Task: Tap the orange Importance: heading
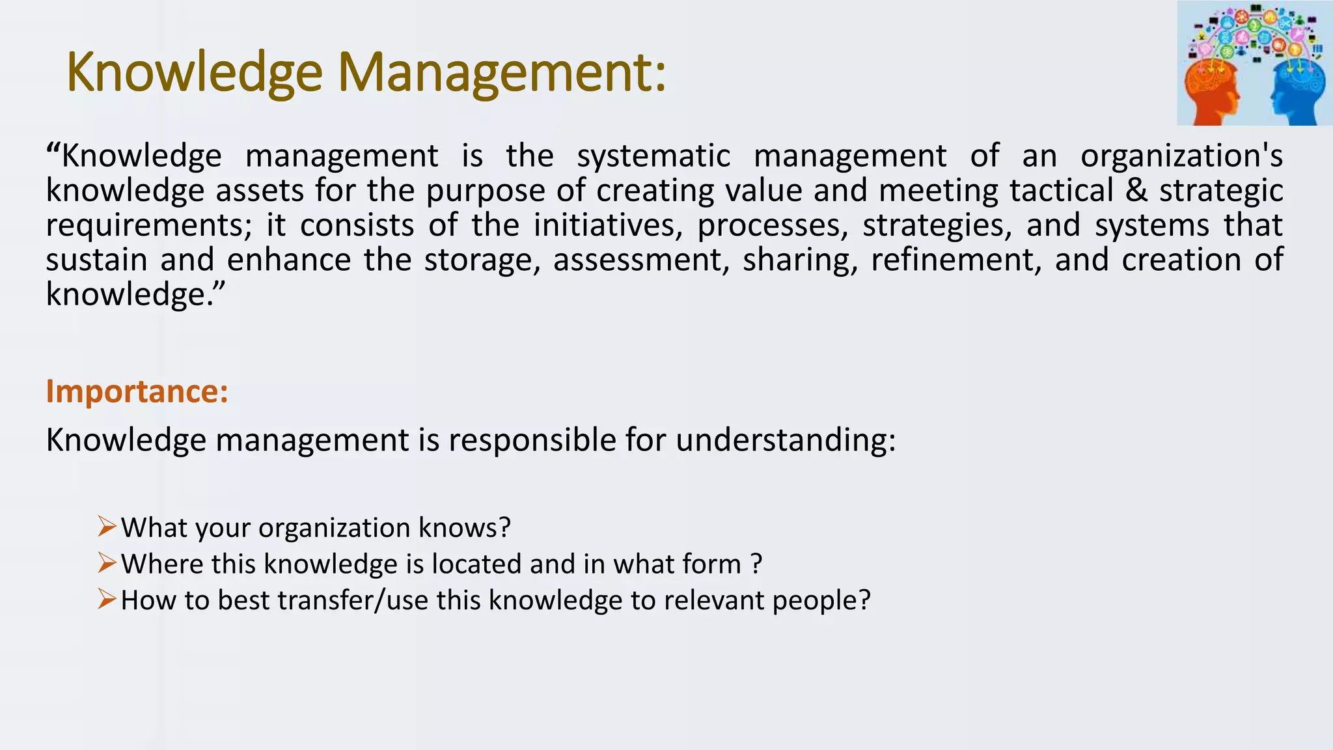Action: coord(137,391)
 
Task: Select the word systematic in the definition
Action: coord(653,156)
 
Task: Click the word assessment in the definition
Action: coord(641,260)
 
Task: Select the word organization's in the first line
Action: coord(1181,156)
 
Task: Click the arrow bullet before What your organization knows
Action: coord(107,525)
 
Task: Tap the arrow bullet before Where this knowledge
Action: coord(107,562)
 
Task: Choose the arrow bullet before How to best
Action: coord(107,598)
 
